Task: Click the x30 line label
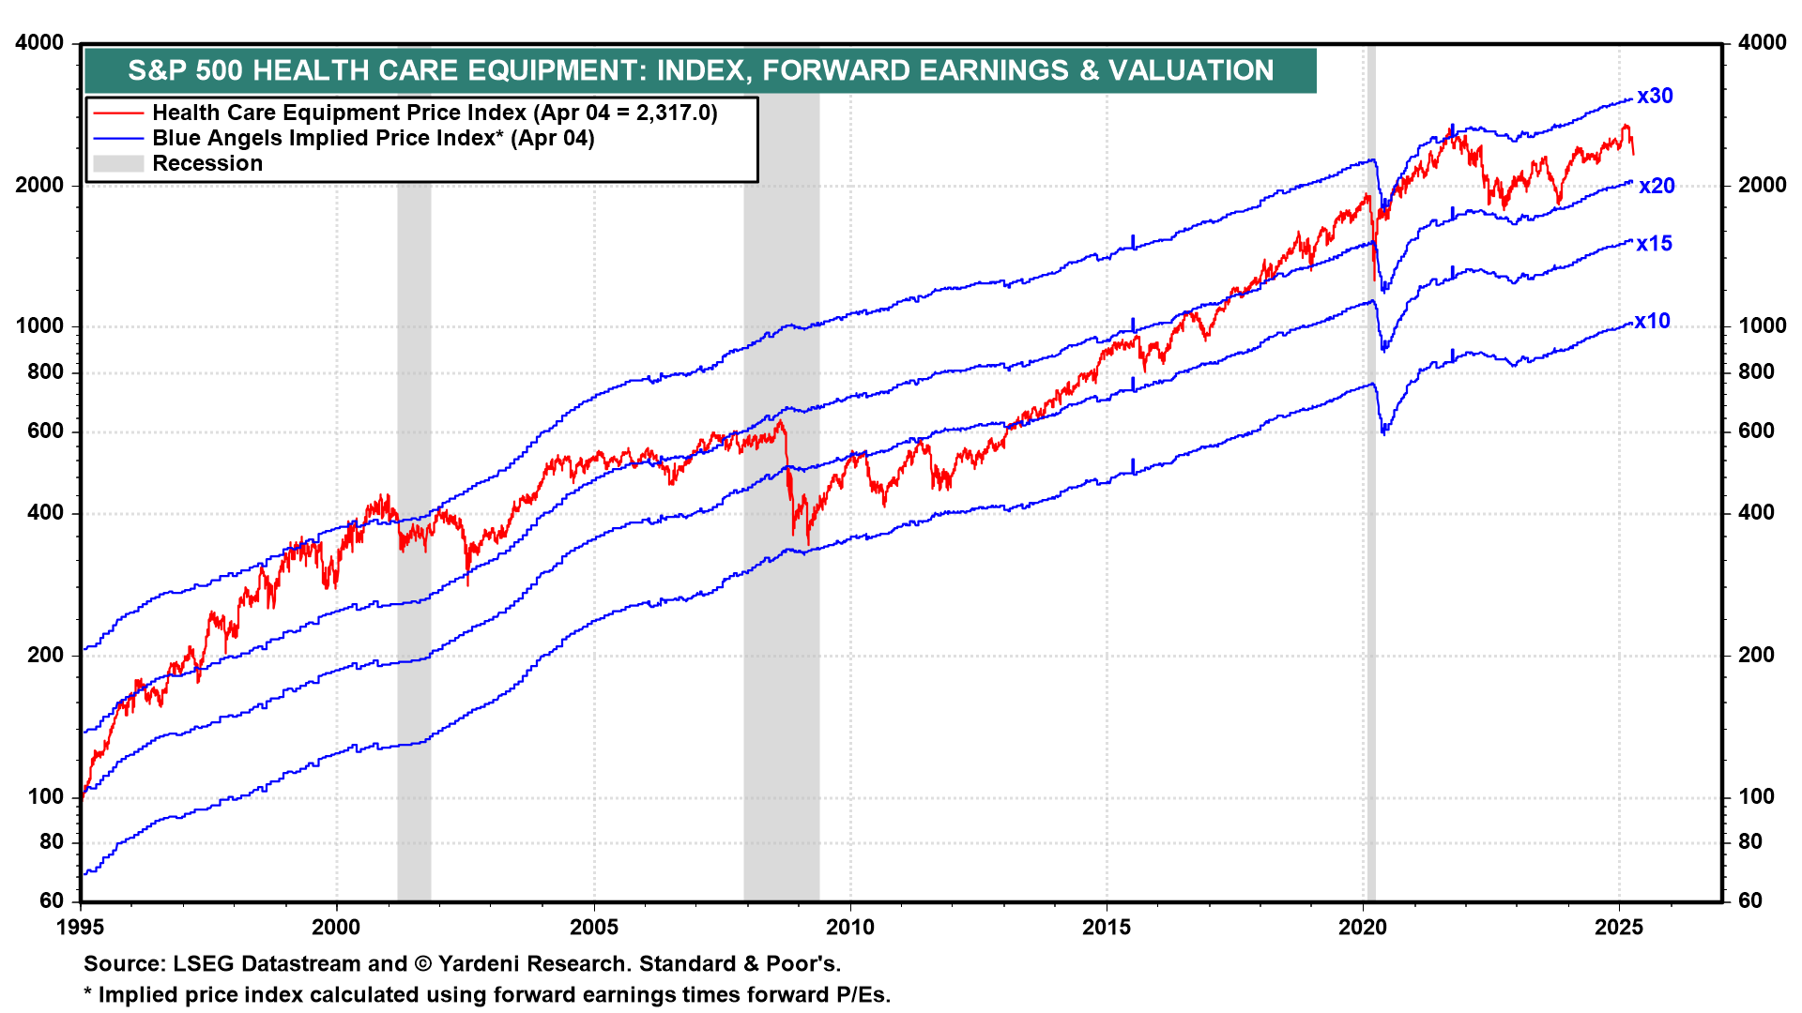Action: (1655, 96)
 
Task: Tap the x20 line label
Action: (1657, 186)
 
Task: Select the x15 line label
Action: (1654, 244)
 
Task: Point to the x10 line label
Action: (1652, 321)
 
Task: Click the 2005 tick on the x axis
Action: (594, 928)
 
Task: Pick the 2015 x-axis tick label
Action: (1107, 928)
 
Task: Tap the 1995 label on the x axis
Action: (82, 928)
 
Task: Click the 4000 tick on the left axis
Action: (40, 42)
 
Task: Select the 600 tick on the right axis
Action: (1756, 431)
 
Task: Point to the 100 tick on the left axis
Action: (46, 796)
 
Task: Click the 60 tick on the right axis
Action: (1750, 900)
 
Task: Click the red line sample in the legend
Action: (118, 113)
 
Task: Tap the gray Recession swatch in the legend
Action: (118, 164)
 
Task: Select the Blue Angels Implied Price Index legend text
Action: (373, 139)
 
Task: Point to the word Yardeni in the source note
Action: (476, 964)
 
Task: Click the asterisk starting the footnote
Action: (88, 994)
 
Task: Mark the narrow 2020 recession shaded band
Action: (1371, 469)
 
